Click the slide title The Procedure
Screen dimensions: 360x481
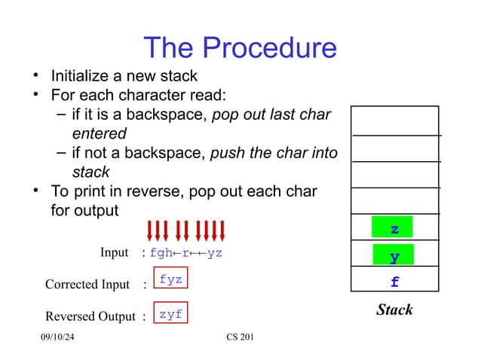240,47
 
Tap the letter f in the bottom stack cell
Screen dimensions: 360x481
394,283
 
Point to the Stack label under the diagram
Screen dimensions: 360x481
394,310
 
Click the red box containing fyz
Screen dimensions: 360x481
170,279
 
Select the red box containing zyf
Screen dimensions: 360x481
170,314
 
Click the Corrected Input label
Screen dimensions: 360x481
87,285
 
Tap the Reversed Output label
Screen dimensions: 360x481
90,316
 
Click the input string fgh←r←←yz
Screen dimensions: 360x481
186,253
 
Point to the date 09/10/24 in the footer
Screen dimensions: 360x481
57,337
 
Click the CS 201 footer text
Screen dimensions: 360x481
240,337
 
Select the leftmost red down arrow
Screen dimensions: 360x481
150,231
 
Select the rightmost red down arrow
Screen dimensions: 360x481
222,231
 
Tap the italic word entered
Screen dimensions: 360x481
99,134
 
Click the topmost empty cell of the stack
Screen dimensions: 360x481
394,120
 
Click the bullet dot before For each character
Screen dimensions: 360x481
35,95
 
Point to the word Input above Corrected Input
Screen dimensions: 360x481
114,252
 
